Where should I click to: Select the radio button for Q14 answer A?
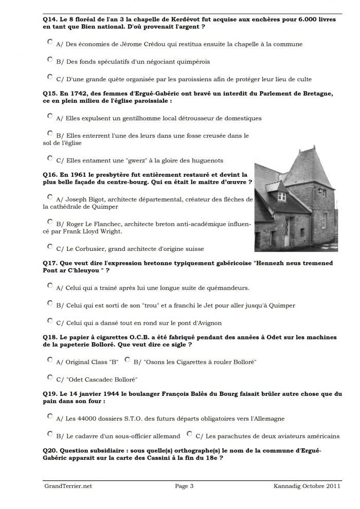click(50, 42)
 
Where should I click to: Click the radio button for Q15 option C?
click(50, 158)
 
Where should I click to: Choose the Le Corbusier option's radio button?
click(50, 246)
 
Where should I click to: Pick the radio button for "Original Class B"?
click(50, 359)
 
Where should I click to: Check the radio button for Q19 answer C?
click(189, 434)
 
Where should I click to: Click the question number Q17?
click(50, 263)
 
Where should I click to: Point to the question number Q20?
click(50, 449)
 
